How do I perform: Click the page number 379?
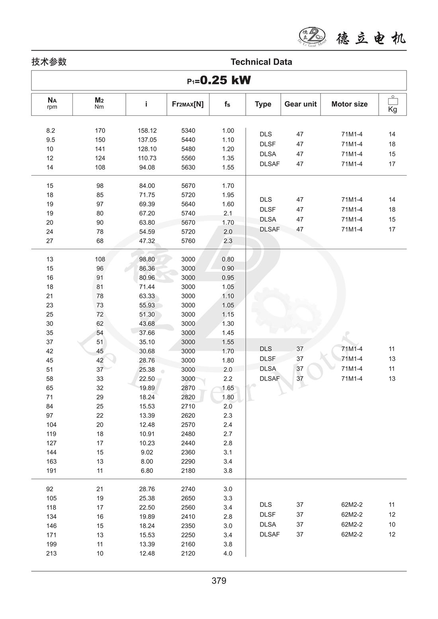click(219, 581)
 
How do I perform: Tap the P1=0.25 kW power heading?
click(219, 80)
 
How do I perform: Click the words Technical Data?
click(261, 62)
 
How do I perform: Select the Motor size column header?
click(349, 104)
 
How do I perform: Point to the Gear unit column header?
click(300, 104)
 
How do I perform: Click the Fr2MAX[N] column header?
click(188, 104)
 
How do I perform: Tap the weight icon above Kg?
click(393, 101)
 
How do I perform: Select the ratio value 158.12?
click(147, 131)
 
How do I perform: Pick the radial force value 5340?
click(188, 131)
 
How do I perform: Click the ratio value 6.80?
click(147, 471)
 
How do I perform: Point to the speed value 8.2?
click(51, 131)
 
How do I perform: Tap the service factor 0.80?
click(228, 259)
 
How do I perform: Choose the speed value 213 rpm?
click(51, 553)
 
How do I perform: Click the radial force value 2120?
click(188, 553)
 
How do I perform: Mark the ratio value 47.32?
click(147, 241)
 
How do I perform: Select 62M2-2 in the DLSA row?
click(352, 524)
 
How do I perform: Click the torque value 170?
click(100, 131)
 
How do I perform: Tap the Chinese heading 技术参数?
click(49, 62)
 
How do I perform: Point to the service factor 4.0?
click(228, 553)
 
